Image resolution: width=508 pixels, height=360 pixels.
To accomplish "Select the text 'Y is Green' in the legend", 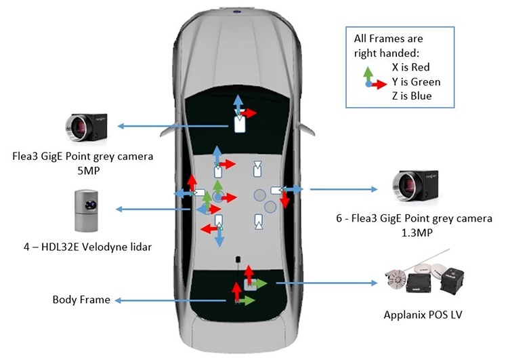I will pos(416,81).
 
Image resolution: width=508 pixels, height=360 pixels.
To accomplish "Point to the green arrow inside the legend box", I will pos(368,74).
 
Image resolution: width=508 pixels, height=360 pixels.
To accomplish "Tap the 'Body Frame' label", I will pos(81,300).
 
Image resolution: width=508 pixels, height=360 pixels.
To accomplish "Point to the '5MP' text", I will pos(86,171).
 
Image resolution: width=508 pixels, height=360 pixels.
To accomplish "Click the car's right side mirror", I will pos(306,129).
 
